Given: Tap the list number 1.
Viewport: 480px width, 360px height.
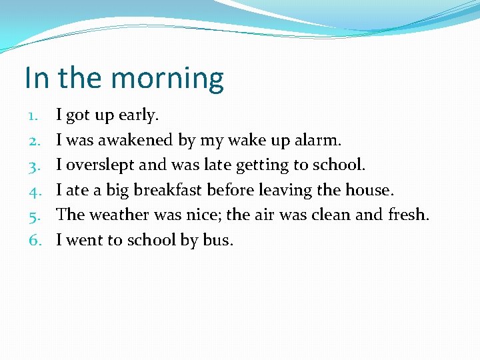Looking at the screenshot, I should coord(33,115).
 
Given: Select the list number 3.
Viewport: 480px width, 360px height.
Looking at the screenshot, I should coord(33,165).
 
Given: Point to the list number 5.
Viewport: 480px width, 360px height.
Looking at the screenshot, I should coord(33,215).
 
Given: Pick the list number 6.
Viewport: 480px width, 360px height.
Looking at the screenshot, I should coord(33,240).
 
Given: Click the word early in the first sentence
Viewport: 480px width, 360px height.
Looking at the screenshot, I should coord(138,115).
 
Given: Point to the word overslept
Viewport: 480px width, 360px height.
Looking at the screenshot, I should coord(99,165).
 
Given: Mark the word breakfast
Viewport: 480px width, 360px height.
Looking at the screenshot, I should coord(169,190).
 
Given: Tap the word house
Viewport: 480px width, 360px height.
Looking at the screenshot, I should coord(369,190).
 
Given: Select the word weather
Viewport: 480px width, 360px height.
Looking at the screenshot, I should coord(117,215).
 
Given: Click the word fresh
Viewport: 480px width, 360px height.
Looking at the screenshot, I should coord(409,215).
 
